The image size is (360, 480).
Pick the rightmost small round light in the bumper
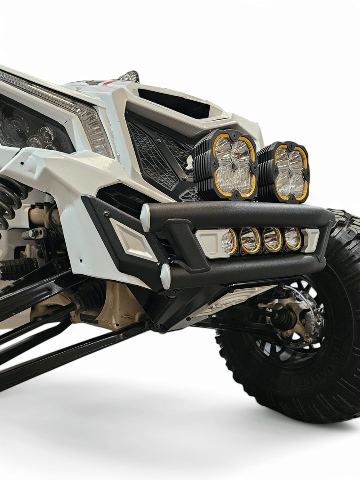[293, 238]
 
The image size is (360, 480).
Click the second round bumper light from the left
[250, 240]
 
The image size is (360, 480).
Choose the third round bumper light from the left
[272, 239]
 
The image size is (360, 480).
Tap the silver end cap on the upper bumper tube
[145, 217]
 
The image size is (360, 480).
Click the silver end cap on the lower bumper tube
[166, 276]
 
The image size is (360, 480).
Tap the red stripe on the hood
[108, 83]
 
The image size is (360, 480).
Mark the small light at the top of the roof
[130, 76]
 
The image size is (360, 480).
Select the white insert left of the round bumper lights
[210, 242]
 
